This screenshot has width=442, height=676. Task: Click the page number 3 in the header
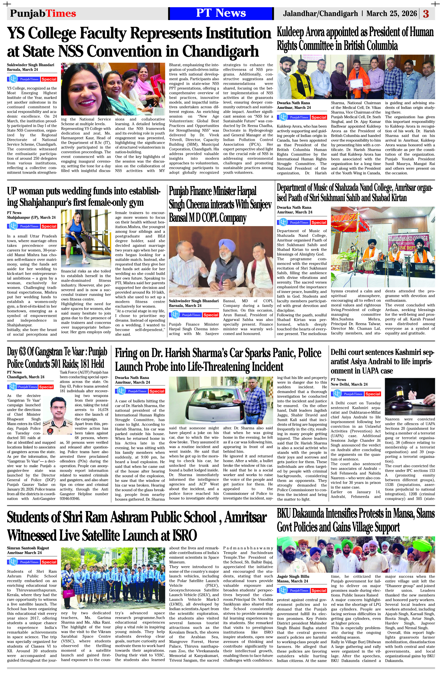coord(426,14)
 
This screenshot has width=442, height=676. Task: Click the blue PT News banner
coord(221,13)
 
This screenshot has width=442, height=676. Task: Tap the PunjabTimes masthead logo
coord(43,13)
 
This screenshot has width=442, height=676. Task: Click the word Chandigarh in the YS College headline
coord(220,51)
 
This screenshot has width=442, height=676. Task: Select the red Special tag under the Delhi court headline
coord(373,394)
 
